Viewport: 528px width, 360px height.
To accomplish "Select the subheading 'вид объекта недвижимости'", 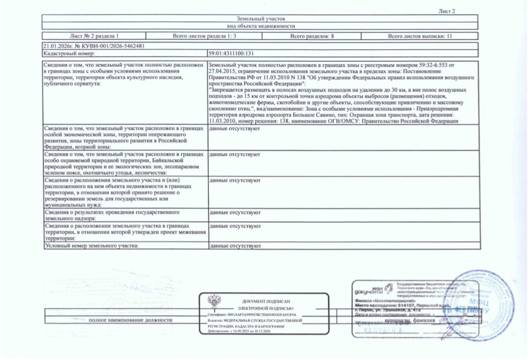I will [x=260, y=27].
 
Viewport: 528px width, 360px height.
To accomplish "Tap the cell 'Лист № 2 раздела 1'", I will [x=94, y=36].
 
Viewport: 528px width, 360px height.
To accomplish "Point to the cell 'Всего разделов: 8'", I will [x=312, y=36].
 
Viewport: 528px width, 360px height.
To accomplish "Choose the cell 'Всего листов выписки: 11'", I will [x=419, y=36].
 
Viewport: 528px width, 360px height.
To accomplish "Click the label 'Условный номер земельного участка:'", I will [x=91, y=246].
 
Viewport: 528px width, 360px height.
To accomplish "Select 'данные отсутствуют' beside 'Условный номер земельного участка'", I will [x=235, y=246].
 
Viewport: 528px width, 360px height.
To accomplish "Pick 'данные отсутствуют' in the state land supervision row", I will [x=235, y=213].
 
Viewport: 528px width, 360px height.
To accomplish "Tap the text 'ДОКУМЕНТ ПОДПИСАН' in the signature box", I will [x=265, y=301].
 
